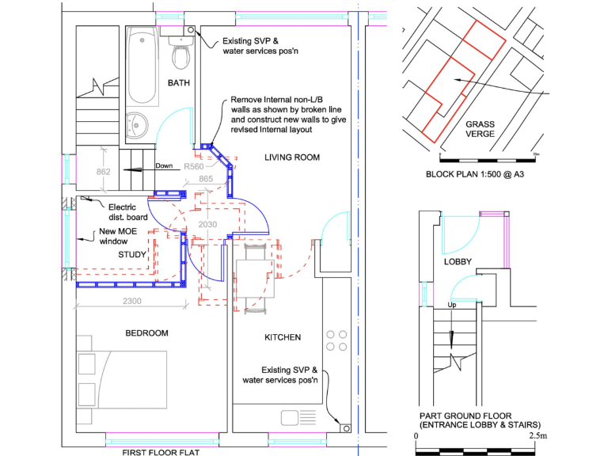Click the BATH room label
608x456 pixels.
click(x=178, y=83)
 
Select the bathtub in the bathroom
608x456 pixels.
click(x=142, y=66)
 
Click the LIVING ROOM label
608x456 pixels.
click(x=292, y=158)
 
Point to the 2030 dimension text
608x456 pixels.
click(x=207, y=225)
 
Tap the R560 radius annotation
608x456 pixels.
click(x=195, y=167)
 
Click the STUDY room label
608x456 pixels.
click(x=133, y=255)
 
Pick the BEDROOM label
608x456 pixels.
click(x=146, y=333)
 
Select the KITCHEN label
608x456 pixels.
click(x=283, y=337)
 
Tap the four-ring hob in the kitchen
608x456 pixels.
click(x=336, y=340)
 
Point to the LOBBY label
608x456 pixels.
click(x=458, y=262)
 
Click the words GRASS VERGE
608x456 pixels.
click(x=481, y=129)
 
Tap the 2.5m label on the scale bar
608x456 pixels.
click(x=538, y=436)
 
